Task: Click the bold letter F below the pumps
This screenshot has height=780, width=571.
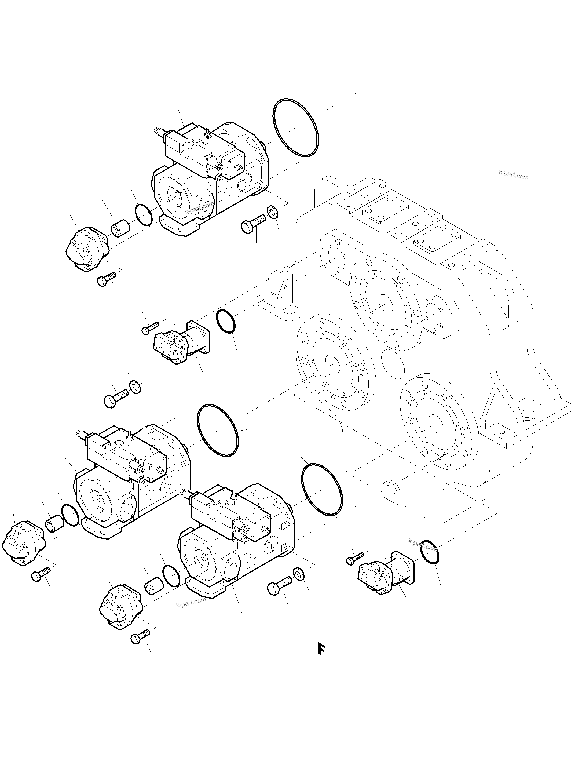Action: (321, 649)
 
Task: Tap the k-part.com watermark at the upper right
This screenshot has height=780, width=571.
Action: (513, 176)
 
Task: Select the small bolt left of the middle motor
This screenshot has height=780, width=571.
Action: (150, 328)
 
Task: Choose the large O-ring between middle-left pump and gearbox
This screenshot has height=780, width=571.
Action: (218, 430)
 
